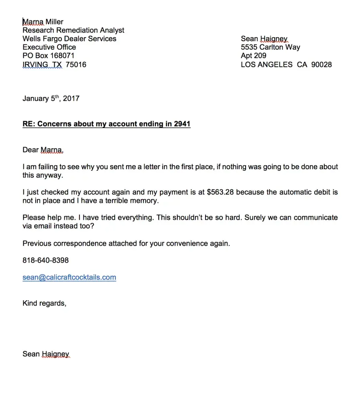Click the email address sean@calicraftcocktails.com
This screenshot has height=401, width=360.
tap(69, 277)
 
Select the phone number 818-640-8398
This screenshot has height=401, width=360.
tap(45, 260)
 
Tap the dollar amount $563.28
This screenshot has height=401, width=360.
tap(222, 192)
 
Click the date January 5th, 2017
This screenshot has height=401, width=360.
tap(51, 98)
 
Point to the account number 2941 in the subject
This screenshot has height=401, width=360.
tap(182, 124)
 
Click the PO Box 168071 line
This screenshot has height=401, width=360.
tap(48, 55)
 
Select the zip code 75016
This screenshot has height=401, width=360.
tap(76, 64)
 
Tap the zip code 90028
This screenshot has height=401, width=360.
tap(321, 64)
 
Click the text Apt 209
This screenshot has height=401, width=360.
tap(253, 55)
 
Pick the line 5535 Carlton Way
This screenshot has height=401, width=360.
tap(270, 47)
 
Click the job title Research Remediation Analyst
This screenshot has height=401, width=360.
tap(73, 30)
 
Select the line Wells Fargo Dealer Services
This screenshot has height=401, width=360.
tap(69, 38)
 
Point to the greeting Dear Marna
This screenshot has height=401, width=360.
tap(43, 150)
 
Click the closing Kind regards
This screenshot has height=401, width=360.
tap(44, 303)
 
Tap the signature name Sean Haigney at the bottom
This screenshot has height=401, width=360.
tap(46, 354)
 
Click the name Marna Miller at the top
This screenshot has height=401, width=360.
tap(43, 22)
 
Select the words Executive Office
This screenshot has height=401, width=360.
tap(49, 47)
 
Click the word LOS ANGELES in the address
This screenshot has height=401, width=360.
tap(266, 64)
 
